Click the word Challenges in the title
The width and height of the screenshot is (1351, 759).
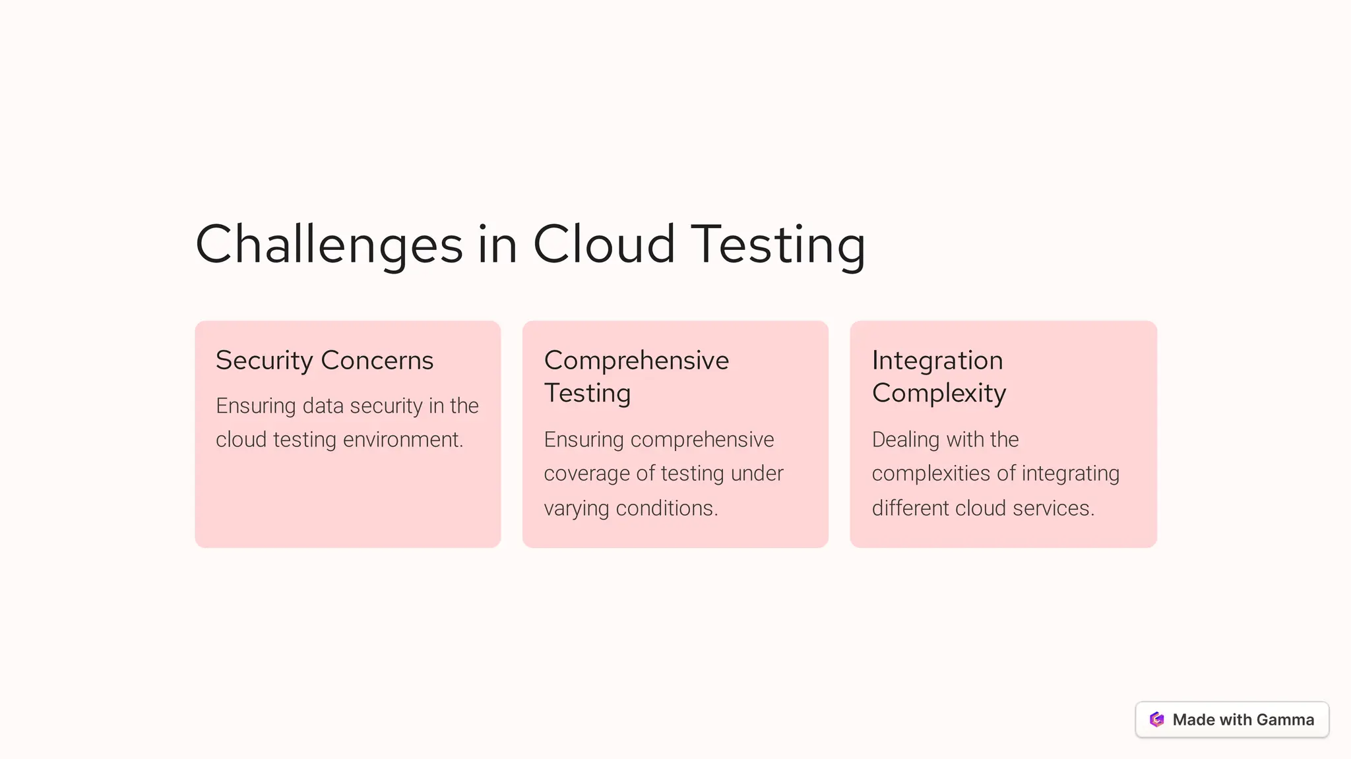[x=329, y=245]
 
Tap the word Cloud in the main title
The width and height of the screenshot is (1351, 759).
[x=604, y=245]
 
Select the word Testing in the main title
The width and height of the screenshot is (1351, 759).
[x=778, y=245]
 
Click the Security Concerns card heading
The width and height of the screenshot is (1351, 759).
[x=325, y=360]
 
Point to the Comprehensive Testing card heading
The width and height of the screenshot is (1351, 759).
[x=636, y=376]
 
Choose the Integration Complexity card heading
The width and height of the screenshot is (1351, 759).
[x=939, y=376]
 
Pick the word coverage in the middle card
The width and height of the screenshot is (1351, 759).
[x=586, y=473]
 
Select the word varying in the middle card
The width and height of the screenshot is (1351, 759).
[x=576, y=508]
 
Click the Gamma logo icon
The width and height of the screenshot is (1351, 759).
[x=1157, y=719]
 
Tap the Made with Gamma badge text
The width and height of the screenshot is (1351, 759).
[x=1243, y=719]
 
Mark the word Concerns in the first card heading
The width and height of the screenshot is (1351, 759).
[x=377, y=360]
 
